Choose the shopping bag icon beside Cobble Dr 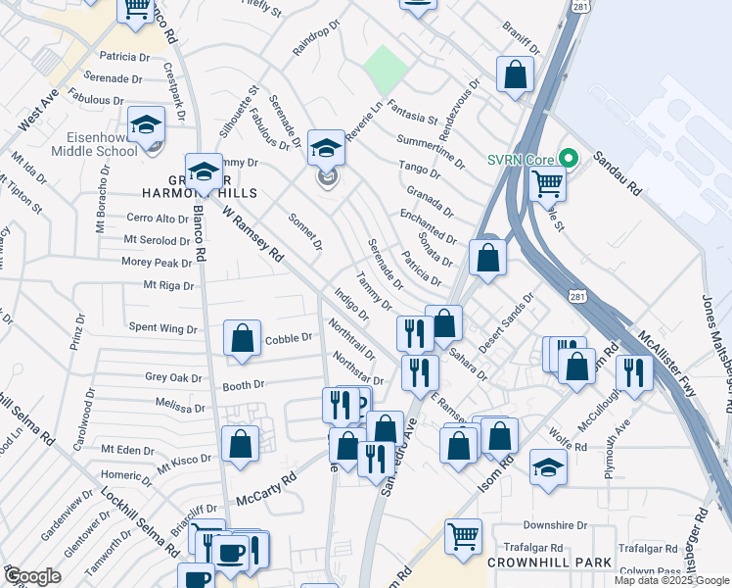click(x=242, y=339)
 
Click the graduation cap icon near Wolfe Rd click(x=548, y=466)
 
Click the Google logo click(x=31, y=576)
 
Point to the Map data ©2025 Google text click(x=672, y=580)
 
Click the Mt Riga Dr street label click(x=168, y=286)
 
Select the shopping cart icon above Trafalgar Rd click(x=463, y=535)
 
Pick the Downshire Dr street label click(x=553, y=525)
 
